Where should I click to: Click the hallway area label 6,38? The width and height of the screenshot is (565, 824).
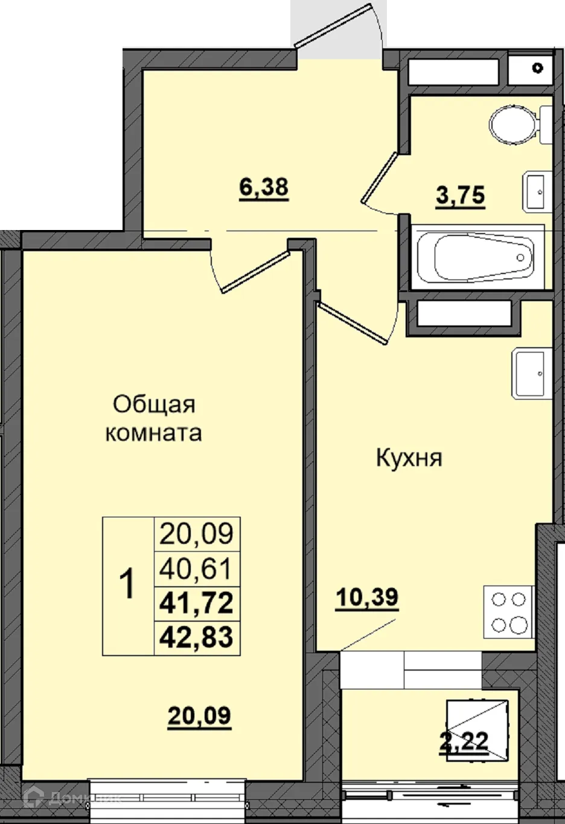[x=264, y=189]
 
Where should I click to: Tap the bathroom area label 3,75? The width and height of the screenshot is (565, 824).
[x=461, y=196]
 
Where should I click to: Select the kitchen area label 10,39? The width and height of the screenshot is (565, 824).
[x=367, y=598]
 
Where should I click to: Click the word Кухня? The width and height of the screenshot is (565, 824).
[x=409, y=458]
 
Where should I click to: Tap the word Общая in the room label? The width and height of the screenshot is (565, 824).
[x=154, y=404]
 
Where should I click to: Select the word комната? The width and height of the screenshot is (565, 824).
[x=153, y=433]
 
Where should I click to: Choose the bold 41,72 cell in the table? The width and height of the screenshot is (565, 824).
[x=197, y=603]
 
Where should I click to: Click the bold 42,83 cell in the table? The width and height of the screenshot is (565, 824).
[x=197, y=637]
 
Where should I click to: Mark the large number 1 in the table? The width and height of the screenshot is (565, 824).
[x=127, y=585]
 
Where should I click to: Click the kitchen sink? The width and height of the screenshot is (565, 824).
[x=531, y=373]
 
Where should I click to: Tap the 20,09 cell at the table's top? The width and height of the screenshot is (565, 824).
[x=197, y=534]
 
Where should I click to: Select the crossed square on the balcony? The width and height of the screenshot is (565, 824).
[x=475, y=729]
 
